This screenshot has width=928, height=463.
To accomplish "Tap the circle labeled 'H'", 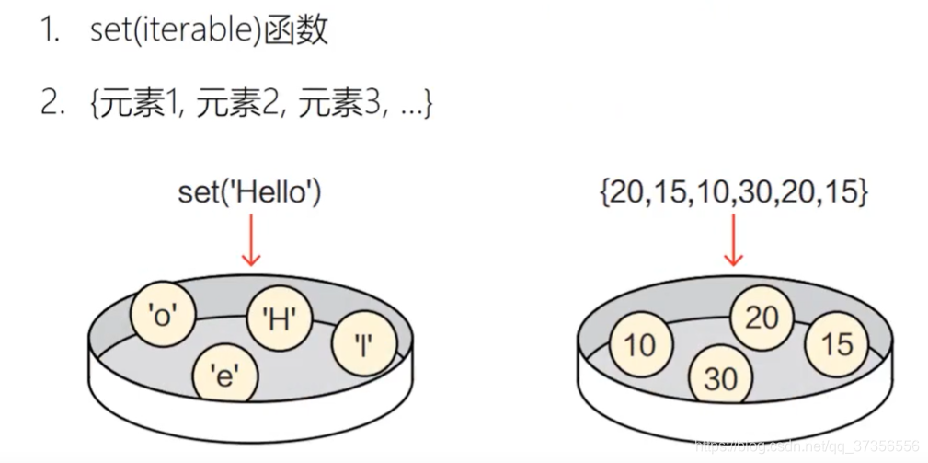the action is click(280, 319).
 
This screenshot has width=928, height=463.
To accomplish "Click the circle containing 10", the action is click(640, 344).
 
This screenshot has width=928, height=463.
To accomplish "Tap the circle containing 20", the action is click(762, 318).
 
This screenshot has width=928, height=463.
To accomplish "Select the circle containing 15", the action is click(837, 344).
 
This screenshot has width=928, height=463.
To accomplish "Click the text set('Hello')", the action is click(249, 192).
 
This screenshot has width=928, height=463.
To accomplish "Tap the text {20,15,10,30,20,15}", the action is click(734, 192).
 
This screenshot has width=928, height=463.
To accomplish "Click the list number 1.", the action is click(52, 32).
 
